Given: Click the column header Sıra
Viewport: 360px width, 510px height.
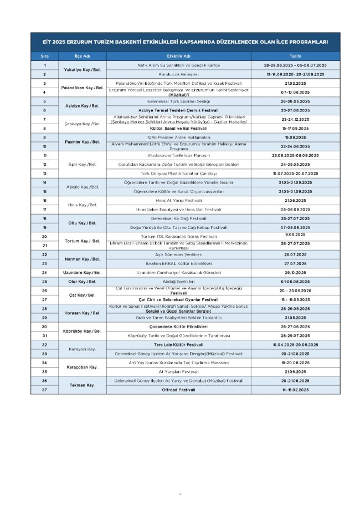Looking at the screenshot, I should pos(44,56).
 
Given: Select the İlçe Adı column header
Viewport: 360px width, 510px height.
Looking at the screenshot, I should pos(82,56).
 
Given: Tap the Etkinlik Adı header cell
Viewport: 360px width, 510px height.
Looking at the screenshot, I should pos(178,56).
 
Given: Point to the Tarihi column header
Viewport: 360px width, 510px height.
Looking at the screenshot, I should pos(295,56).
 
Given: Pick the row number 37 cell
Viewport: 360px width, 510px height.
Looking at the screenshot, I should pos(44,390).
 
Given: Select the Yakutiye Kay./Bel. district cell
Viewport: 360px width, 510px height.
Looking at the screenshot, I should pos(82,69).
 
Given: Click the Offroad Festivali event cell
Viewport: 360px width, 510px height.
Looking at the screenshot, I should pos(178,390).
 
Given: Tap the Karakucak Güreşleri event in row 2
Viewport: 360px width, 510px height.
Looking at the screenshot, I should pos(178,74).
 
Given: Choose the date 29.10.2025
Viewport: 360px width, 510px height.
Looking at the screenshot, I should pos(296,272).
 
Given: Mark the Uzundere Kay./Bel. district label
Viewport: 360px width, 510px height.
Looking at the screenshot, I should pos(82,272).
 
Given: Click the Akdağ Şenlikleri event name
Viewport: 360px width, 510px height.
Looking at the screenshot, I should pos(178,281).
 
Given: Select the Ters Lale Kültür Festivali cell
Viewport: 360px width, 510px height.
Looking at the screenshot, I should pos(178,344).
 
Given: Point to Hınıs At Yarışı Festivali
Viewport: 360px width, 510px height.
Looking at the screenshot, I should pos(178,200).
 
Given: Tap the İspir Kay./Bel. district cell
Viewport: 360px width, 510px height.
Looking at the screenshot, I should pos(82,164).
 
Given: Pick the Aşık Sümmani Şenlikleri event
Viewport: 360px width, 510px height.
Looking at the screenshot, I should pos(178,254).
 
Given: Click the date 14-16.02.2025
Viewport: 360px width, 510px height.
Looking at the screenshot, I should pos(296,390).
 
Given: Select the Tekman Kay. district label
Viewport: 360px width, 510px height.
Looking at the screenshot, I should pos(82,385).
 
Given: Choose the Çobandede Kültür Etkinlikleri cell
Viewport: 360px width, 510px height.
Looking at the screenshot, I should pos(178,327).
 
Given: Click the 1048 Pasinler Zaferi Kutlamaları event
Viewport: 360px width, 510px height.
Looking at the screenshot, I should pos(178,137).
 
